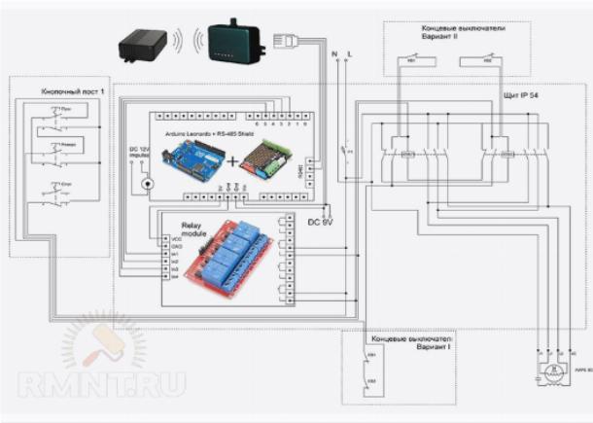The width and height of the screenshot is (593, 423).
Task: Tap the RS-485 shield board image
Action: coord(265,157)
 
